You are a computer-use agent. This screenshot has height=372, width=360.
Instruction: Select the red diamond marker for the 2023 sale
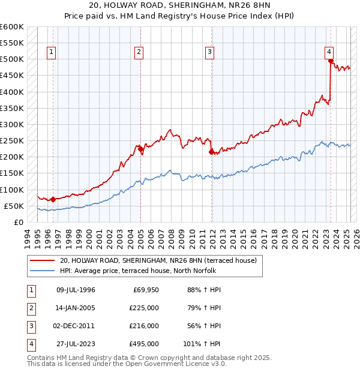click(x=330, y=61)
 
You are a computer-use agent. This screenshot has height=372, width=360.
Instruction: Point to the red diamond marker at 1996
click(x=53, y=199)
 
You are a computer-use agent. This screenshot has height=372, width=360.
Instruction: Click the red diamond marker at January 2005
click(x=140, y=148)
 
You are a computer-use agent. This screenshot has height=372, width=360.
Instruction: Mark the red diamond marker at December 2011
click(x=211, y=152)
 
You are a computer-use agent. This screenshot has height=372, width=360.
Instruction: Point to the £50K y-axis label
click(x=14, y=206)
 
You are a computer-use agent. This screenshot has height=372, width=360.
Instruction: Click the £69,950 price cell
click(x=145, y=290)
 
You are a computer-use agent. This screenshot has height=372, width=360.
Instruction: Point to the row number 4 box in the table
click(x=31, y=344)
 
